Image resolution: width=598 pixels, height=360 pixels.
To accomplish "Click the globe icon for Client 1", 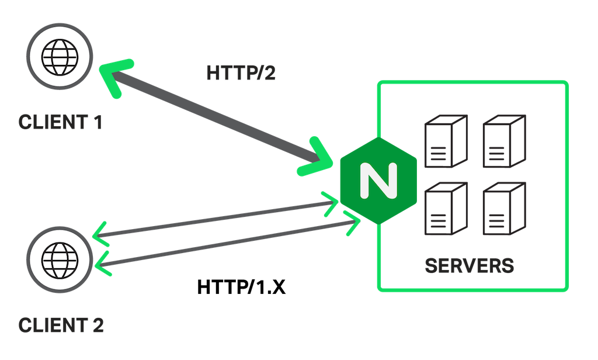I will click(61, 57).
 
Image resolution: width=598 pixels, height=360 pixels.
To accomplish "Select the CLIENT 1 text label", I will click(60, 123).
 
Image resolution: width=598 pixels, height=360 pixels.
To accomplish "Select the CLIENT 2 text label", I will click(61, 324).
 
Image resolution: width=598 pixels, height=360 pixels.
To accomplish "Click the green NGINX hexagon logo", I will click(377, 181).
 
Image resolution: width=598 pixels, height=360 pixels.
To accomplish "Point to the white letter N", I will click(377, 181).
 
